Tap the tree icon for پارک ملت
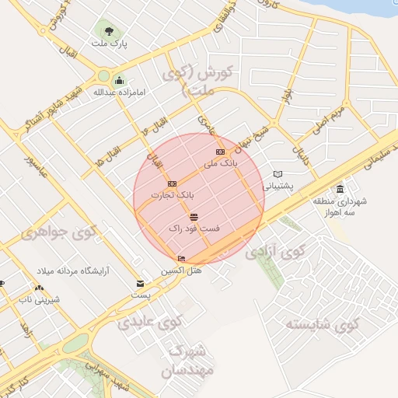(x=108, y=31)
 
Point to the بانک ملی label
(x=220, y=164)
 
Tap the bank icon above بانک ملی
(x=220, y=152)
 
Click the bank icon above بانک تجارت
(x=172, y=183)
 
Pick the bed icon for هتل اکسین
(x=182, y=258)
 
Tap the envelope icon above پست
(x=140, y=284)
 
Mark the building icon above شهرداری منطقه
(x=340, y=190)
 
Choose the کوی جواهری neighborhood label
(x=58, y=231)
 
